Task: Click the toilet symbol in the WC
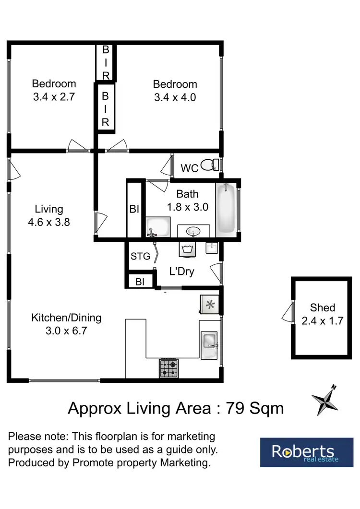click(x=208, y=166)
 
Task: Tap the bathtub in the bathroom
click(x=226, y=209)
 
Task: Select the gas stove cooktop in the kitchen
click(x=169, y=368)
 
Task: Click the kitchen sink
click(x=210, y=342)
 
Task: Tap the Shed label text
click(x=322, y=308)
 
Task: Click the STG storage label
click(x=140, y=256)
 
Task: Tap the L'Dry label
click(x=182, y=272)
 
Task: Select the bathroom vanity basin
click(x=194, y=232)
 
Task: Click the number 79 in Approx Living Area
click(x=235, y=408)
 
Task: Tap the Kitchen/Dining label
click(x=66, y=318)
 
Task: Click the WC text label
click(x=190, y=168)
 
